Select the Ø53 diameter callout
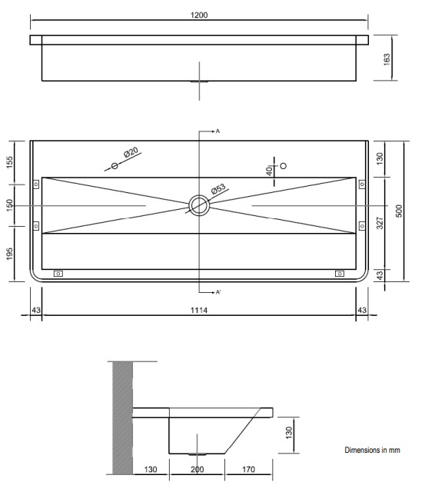pos(217,190)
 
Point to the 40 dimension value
pos(269,170)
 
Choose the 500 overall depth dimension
pos(398,211)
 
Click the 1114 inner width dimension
pos(199,310)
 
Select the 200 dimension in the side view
pos(198,467)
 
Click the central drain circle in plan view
pos(199,205)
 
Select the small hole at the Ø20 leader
pos(115,165)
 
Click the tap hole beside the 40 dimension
pos(283,165)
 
